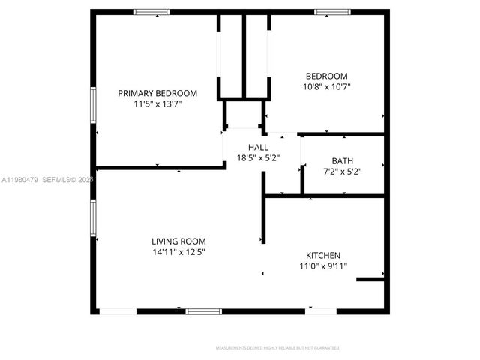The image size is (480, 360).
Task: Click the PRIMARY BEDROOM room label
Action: click(x=157, y=93)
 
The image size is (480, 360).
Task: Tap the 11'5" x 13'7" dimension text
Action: click(x=157, y=105)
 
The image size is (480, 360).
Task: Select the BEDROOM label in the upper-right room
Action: click(x=326, y=76)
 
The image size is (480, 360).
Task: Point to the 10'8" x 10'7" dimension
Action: click(x=326, y=87)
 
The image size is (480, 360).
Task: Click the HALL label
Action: click(x=258, y=147)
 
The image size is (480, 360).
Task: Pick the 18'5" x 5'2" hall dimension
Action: click(x=258, y=158)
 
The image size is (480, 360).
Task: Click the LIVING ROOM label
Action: click(x=178, y=241)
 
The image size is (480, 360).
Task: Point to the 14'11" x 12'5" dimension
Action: click(x=178, y=253)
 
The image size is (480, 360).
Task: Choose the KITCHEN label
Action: click(x=323, y=255)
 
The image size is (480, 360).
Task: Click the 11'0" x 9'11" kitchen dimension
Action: click(x=323, y=266)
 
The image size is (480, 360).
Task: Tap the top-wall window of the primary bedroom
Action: click(x=151, y=12)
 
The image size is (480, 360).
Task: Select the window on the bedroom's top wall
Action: click(x=331, y=12)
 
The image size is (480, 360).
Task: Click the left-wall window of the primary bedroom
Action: click(x=94, y=110)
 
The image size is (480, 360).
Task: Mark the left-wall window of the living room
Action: click(x=94, y=218)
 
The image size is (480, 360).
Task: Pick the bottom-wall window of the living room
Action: click(x=203, y=310)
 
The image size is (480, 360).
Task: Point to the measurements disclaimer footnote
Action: click(x=277, y=348)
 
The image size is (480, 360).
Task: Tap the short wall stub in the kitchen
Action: click(x=370, y=280)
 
